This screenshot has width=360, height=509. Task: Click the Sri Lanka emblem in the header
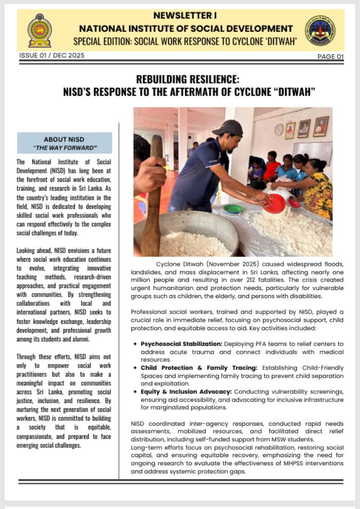click(x=39, y=30)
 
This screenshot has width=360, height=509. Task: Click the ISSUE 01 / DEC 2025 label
click(x=51, y=56)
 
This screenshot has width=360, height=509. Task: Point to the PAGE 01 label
click(x=330, y=57)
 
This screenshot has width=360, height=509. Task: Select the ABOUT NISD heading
click(x=64, y=139)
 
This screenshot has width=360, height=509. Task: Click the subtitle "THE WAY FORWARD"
click(x=64, y=148)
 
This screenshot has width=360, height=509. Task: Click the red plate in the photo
click(x=275, y=204)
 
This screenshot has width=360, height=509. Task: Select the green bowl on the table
click(x=233, y=209)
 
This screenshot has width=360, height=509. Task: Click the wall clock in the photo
click(x=279, y=130)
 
